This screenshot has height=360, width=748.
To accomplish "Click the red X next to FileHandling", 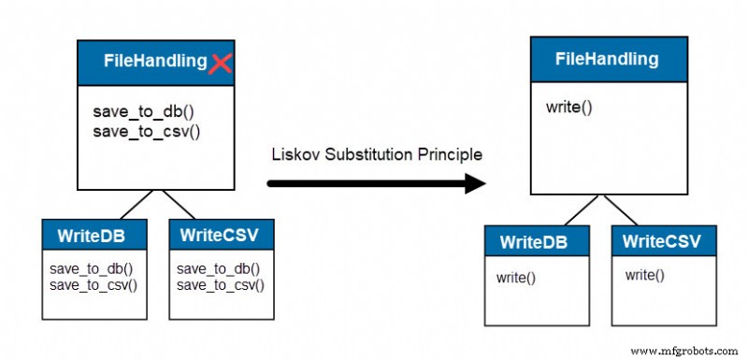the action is click(x=221, y=64).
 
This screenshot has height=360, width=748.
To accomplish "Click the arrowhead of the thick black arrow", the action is click(x=475, y=183).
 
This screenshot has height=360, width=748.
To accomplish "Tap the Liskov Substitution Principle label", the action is click(x=377, y=154).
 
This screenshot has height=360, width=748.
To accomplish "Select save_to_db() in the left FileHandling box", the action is click(x=144, y=112).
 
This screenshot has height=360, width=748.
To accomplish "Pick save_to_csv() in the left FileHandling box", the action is click(x=147, y=131).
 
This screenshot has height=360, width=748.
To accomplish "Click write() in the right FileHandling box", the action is click(x=569, y=107).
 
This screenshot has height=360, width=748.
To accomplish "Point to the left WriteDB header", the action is click(x=94, y=235).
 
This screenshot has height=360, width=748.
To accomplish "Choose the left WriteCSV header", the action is click(x=222, y=235).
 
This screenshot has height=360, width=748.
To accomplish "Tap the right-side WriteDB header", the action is click(x=537, y=241).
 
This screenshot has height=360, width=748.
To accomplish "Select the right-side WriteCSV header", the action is click(x=664, y=241).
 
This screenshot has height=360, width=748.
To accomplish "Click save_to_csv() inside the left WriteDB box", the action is click(x=93, y=285).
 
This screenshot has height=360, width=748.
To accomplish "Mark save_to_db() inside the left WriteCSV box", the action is click(x=219, y=269).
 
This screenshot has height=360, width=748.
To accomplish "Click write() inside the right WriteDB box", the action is click(x=516, y=278).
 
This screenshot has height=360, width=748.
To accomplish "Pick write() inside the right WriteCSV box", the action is click(x=644, y=275).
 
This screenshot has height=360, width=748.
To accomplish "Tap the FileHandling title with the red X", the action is click(x=156, y=61).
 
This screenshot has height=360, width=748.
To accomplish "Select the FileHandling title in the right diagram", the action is click(x=607, y=59).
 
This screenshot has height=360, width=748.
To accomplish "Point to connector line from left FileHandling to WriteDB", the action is click(x=137, y=205).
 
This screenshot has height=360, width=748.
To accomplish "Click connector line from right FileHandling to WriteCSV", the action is click(x=621, y=210).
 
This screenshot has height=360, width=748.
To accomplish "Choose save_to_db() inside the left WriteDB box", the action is click(x=91, y=269).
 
